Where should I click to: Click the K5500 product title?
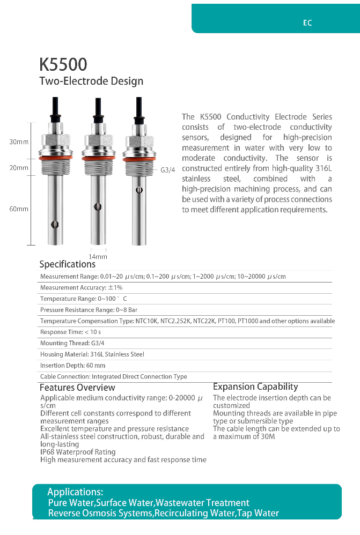pos(63,65)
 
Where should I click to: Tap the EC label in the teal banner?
pos(307,23)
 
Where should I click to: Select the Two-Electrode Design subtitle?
pos(91,81)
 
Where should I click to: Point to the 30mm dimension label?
pos(19,142)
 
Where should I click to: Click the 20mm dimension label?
pos(19,168)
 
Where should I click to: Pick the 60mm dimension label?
pos(19,209)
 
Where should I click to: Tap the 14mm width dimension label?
pos(98,257)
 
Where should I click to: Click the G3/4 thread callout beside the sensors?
pos(168,170)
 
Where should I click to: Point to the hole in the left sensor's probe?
pos(53,225)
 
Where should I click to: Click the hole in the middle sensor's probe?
pos(97,206)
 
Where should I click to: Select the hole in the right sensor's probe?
pos(139,189)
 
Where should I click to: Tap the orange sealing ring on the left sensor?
pos(53,158)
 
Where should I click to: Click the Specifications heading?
pos(67,264)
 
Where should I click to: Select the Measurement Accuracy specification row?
pos(82,288)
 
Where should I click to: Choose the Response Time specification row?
pos(70,332)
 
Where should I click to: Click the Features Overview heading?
pos(77,388)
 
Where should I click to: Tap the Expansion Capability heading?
pos(255,387)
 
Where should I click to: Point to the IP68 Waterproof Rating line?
pos(78,452)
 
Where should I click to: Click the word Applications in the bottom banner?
pos(75,492)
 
